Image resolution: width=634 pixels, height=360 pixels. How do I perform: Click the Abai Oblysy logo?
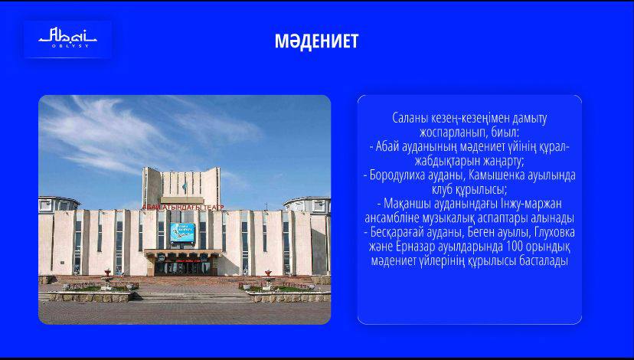[x=67, y=38]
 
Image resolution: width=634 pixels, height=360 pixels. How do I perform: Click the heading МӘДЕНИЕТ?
[x=316, y=41]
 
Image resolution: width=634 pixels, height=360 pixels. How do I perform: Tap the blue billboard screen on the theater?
[x=182, y=232]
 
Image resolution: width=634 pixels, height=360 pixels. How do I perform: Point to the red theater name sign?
[x=183, y=207]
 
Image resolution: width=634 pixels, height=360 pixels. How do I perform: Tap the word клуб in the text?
[x=442, y=189]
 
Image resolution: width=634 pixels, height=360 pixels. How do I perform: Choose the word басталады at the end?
[x=546, y=260]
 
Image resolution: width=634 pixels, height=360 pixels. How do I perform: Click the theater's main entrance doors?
[x=183, y=267]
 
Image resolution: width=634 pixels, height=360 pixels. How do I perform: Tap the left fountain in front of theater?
[x=106, y=279]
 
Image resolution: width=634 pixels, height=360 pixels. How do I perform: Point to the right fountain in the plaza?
[x=268, y=279]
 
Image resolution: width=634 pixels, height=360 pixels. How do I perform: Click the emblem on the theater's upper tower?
[x=185, y=188]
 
